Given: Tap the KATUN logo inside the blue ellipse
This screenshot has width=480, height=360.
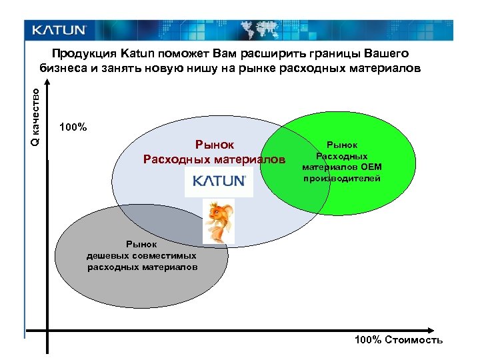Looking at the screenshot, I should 219,181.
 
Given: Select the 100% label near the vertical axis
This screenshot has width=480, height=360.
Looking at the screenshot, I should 73,127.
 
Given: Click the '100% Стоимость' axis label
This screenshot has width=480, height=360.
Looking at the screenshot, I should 398,340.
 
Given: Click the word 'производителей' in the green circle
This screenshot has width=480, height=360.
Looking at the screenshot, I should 342,179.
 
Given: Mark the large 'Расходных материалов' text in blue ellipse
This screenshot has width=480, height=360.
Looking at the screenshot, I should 213,160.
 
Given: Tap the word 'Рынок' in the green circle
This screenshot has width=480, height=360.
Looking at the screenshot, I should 341,145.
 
